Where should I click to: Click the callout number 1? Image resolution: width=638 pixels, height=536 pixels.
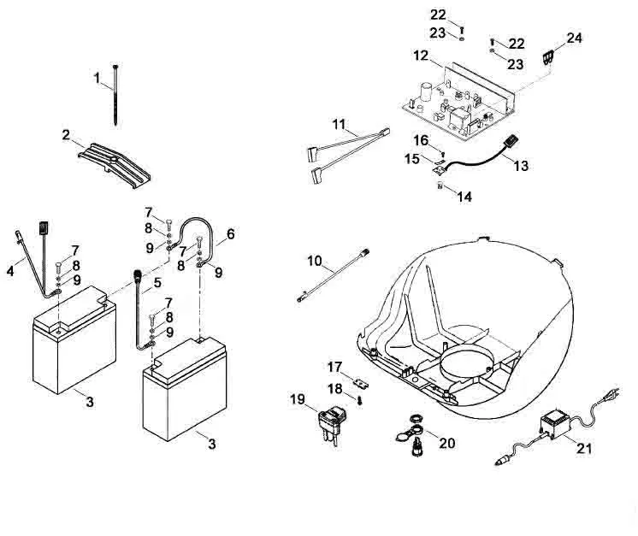pyautogui.click(x=97, y=77)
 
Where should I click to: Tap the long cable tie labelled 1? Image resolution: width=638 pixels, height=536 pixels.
pyautogui.click(x=116, y=95)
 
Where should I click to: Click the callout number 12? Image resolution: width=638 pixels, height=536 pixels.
pyautogui.click(x=421, y=56)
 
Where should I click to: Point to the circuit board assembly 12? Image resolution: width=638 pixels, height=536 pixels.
pyautogui.click(x=459, y=102)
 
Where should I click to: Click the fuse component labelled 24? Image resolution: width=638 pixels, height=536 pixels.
pyautogui.click(x=548, y=57)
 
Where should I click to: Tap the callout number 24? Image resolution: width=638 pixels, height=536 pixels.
pyautogui.click(x=574, y=38)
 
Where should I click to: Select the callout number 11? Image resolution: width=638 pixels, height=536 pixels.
pyautogui.click(x=339, y=124)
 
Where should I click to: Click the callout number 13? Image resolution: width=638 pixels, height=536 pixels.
pyautogui.click(x=521, y=166)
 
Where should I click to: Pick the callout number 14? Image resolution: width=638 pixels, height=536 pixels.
pyautogui.click(x=464, y=197)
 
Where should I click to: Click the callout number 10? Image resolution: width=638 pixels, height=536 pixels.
pyautogui.click(x=315, y=261)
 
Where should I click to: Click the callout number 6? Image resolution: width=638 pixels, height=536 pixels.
pyautogui.click(x=231, y=234)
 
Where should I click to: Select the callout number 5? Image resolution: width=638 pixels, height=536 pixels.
pyautogui.click(x=157, y=283)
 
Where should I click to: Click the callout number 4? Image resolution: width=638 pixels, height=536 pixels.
pyautogui.click(x=10, y=271)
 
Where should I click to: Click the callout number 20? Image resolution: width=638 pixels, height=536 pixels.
pyautogui.click(x=446, y=443)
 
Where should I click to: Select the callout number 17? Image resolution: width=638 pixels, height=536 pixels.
pyautogui.click(x=335, y=368)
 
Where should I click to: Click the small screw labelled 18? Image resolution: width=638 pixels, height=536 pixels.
pyautogui.click(x=360, y=401)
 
